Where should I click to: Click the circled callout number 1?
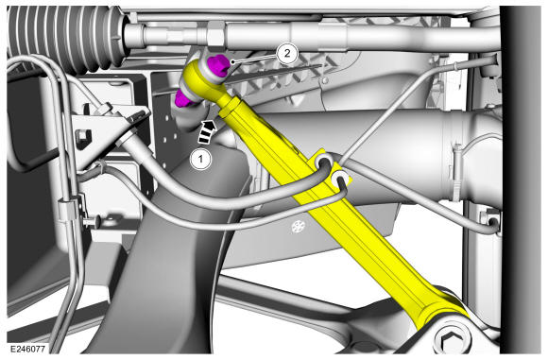[x=200, y=159]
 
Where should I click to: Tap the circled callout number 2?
[x=287, y=54]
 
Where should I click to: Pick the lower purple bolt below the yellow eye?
[x=184, y=98]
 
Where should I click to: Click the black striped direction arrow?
[x=208, y=131]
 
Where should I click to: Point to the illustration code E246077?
[x=27, y=349]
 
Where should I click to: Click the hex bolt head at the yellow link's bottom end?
[x=453, y=339]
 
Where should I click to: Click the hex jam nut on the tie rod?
[x=214, y=34]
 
